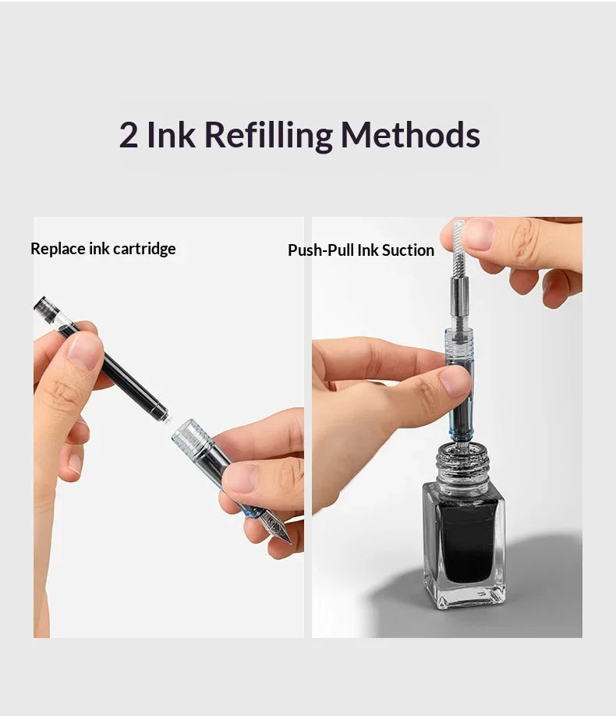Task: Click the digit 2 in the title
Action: point(129,135)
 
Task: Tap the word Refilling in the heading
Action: point(269,136)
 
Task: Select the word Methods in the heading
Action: point(410,134)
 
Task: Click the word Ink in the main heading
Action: point(172,134)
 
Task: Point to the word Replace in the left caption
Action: point(58,249)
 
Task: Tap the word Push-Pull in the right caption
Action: point(320,250)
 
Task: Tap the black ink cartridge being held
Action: point(101,359)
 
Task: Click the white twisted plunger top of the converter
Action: point(458,248)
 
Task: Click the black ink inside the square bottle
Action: point(466,541)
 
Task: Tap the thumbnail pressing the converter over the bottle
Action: point(455,381)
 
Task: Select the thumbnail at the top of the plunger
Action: point(478,234)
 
